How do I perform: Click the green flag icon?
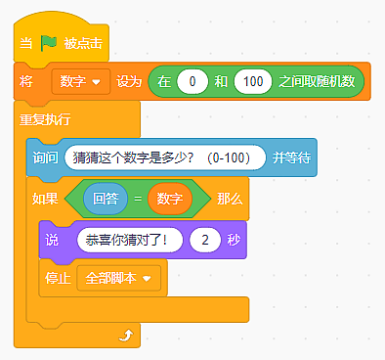click(x=49, y=43)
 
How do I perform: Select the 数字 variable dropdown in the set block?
click(x=81, y=81)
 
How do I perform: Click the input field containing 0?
click(x=192, y=81)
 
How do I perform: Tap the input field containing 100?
click(x=253, y=81)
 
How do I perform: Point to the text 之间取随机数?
click(x=317, y=81)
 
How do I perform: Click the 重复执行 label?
click(x=45, y=119)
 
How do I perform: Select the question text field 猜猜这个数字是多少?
click(x=165, y=157)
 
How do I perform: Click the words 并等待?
click(x=291, y=157)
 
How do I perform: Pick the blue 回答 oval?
click(x=106, y=199)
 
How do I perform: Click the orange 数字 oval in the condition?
click(x=170, y=199)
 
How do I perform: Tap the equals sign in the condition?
click(x=138, y=199)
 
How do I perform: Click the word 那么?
click(x=230, y=199)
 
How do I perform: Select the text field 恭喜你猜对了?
click(x=130, y=240)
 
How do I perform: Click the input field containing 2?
click(x=205, y=240)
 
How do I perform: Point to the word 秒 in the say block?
click(x=234, y=240)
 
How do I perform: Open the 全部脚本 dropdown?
click(x=119, y=278)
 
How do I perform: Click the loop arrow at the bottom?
click(x=126, y=335)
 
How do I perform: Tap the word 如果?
click(x=45, y=199)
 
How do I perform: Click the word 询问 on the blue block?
click(x=45, y=157)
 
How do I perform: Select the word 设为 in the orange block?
click(x=129, y=81)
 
